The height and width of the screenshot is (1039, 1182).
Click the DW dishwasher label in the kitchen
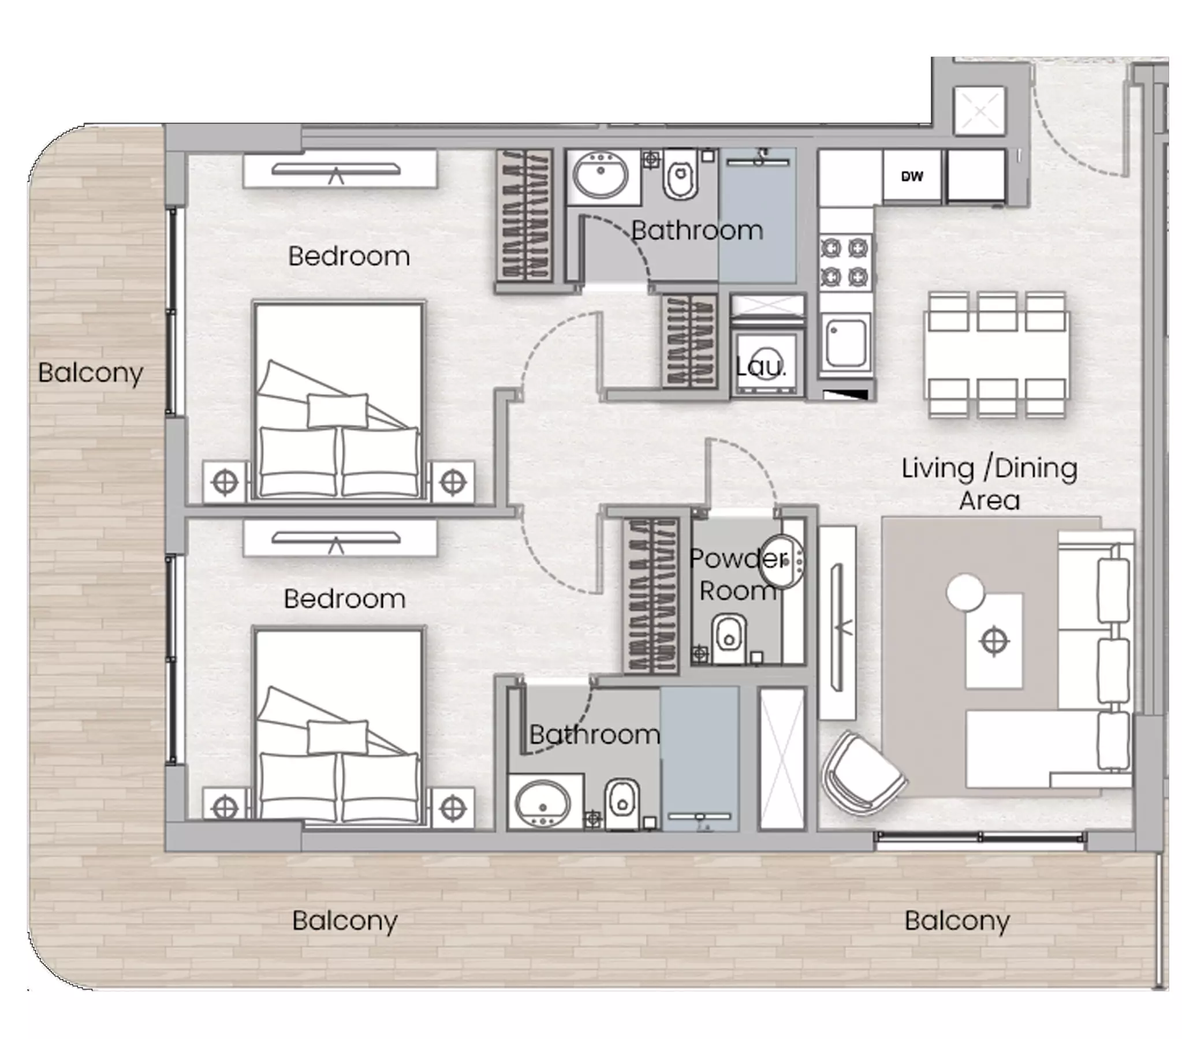point(912,177)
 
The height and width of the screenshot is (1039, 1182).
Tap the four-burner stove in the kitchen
point(845,263)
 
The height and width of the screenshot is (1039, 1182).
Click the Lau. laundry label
point(761,366)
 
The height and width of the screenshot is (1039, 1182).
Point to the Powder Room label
point(738,574)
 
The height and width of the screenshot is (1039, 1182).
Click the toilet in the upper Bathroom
point(681,174)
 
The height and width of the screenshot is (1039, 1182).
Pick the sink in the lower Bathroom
point(543,803)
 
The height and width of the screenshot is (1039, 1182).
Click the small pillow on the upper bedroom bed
point(337,410)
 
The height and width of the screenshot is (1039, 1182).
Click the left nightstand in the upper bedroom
point(226,481)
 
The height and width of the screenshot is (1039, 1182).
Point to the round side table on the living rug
point(965,592)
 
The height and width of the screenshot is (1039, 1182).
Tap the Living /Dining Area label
point(990,484)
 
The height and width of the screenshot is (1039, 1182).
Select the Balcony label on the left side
point(91,373)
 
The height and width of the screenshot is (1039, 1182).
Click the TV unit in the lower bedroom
point(340,539)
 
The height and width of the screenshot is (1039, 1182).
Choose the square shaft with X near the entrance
point(979,111)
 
